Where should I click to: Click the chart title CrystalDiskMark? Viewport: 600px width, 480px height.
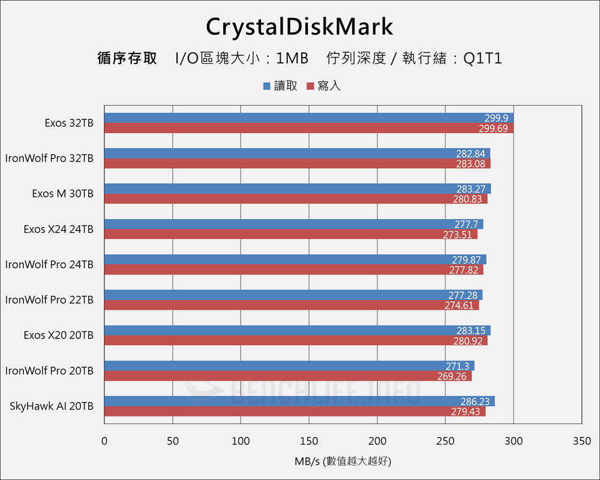click(x=299, y=27)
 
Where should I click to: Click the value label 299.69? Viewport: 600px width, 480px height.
click(x=493, y=128)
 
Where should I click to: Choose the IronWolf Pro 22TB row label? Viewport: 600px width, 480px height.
click(x=49, y=300)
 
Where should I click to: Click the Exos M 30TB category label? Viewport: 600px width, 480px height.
click(x=62, y=194)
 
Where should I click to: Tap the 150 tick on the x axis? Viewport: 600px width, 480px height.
click(x=309, y=442)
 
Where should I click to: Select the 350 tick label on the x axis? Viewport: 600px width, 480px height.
click(x=581, y=442)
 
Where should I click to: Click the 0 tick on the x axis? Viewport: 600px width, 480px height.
click(x=104, y=442)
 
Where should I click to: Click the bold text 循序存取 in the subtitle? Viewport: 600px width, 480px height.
click(x=127, y=58)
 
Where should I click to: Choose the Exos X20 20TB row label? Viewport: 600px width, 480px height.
click(x=58, y=335)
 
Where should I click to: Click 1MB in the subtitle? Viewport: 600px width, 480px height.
click(x=292, y=58)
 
